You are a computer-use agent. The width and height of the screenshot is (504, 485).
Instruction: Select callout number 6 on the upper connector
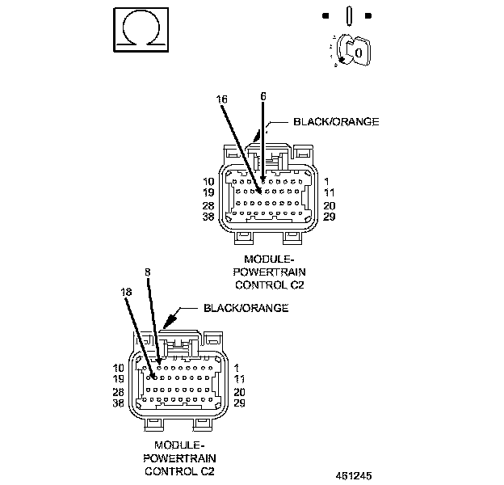point(262,95)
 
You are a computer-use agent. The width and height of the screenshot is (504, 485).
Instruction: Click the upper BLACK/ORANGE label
point(335,122)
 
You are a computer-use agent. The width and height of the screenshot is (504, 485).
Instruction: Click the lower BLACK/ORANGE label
point(246,308)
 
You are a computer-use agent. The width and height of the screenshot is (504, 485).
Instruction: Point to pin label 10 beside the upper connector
point(208,182)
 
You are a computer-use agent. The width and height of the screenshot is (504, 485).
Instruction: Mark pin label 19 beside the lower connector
point(118,378)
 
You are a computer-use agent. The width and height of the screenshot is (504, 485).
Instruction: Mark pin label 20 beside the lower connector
point(240,391)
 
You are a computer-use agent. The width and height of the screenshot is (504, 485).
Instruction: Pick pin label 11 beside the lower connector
point(240,378)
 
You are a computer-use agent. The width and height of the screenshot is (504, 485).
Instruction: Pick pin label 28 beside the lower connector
point(118,391)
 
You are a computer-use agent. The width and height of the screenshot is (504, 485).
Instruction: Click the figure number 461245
point(354,475)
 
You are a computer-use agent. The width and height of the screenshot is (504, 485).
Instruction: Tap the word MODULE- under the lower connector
point(178,445)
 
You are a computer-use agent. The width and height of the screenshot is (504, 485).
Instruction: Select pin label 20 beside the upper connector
point(330,206)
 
